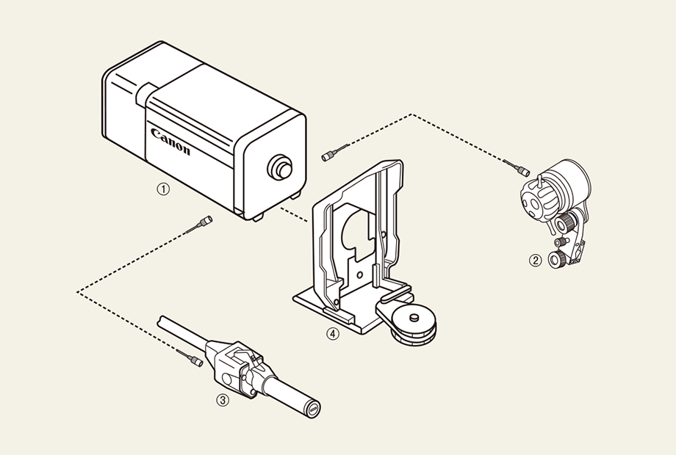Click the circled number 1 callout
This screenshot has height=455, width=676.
pos(163,189)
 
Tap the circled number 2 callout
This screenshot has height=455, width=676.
pos(535,260)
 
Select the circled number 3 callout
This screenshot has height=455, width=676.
pos(223,401)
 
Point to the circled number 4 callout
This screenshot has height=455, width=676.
pos(332,334)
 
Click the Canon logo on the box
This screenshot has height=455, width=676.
pos(170,141)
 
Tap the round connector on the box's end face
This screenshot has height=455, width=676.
pos(279,167)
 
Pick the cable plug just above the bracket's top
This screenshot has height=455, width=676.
pos(335,153)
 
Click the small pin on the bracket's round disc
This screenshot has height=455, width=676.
pos(414,318)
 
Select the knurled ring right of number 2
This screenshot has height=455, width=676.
pos(556,259)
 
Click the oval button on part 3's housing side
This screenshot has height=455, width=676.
pos(227,379)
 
